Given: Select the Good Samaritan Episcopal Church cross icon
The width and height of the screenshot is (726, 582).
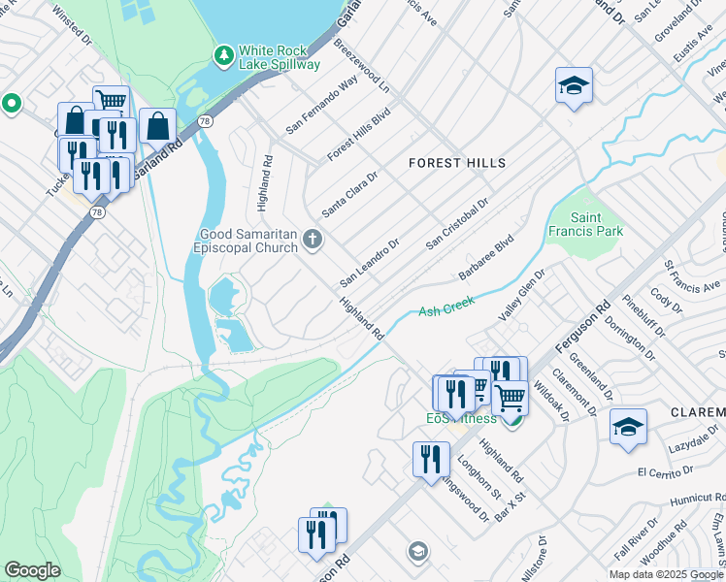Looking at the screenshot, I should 313,239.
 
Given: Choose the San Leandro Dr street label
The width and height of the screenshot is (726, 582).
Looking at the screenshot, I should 369,263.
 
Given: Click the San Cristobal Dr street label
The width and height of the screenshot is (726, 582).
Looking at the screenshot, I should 456,226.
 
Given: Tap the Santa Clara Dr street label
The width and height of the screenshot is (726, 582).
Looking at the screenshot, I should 348,193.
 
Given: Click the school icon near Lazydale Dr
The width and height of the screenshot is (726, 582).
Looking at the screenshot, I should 628,427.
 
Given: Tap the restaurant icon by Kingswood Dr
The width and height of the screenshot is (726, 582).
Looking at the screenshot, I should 431,460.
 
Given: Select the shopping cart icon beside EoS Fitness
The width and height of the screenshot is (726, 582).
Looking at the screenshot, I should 510,396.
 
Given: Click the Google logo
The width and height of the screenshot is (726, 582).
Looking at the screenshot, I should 32,570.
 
